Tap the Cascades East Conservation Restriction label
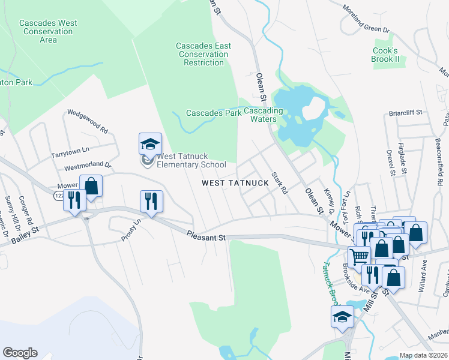click(x=203, y=54)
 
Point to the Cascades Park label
click(x=213, y=113)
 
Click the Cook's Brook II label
click(x=385, y=55)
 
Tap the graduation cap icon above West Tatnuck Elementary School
click(x=150, y=144)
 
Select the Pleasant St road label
click(x=205, y=236)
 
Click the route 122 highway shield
click(x=58, y=196)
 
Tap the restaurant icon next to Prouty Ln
click(x=151, y=201)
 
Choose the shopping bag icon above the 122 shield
click(x=91, y=187)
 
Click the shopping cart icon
click(x=359, y=256)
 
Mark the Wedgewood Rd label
click(x=88, y=120)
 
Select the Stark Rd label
click(x=279, y=183)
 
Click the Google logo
click(x=20, y=352)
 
